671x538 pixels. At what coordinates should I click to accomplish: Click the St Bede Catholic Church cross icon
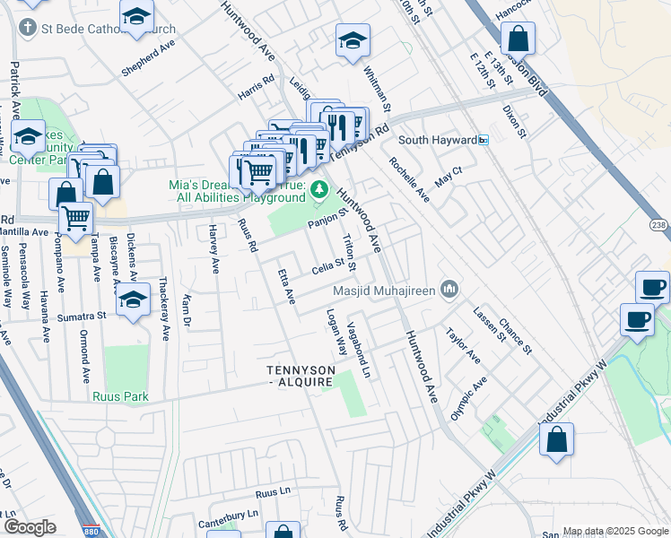click(28, 29)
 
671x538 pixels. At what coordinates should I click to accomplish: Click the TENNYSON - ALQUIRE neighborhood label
click(301, 377)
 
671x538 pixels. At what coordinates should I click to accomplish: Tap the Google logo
click(30, 527)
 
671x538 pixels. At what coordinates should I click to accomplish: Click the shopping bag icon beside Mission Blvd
click(518, 39)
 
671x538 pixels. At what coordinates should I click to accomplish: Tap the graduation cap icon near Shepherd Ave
click(136, 17)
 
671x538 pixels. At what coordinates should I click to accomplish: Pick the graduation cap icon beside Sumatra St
click(133, 299)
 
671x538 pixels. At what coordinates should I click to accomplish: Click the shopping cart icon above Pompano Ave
click(75, 216)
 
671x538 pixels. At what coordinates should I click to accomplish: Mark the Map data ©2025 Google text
click(615, 532)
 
